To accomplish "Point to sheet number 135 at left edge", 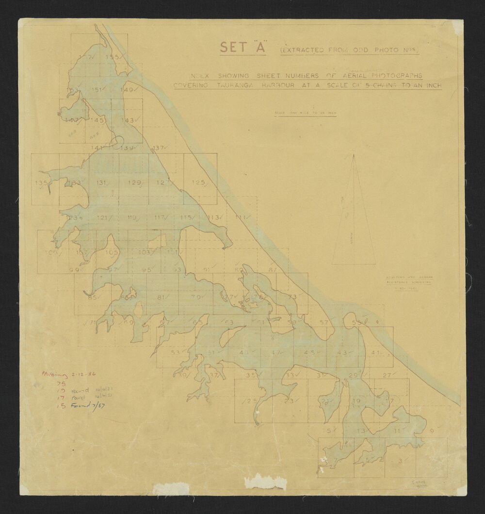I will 42,183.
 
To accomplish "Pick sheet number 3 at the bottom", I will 400,461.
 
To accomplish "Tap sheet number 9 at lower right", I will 432,431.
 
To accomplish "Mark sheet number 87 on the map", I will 273,269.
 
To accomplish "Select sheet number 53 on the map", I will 177,352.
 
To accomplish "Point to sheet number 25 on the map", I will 252,401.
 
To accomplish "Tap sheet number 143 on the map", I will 127,120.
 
